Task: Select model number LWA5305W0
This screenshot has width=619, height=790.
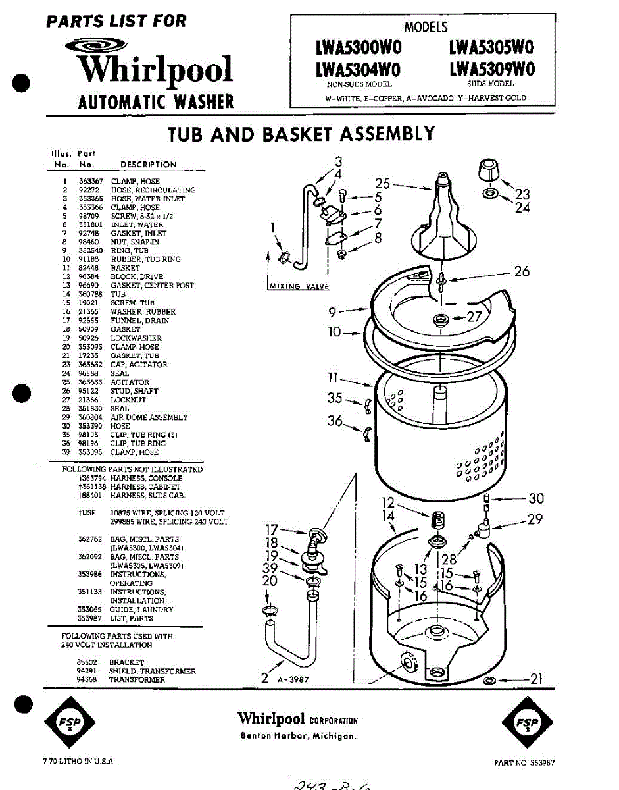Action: point(491,47)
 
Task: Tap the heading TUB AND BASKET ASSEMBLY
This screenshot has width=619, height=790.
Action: point(301,134)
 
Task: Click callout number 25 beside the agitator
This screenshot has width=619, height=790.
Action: point(383,184)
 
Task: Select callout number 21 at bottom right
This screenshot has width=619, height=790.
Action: point(536,679)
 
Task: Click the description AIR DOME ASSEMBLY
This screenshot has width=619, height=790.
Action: point(149,417)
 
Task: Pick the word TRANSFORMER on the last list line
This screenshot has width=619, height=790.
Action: point(137,679)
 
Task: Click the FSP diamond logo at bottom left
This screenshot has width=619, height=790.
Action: point(64,722)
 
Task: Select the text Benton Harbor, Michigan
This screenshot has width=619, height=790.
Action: point(298,736)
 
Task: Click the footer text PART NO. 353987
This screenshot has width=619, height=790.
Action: point(524,762)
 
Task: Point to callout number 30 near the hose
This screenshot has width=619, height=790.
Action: point(535,499)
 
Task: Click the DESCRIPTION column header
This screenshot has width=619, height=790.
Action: point(149,165)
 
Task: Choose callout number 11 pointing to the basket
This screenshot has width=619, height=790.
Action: point(334,378)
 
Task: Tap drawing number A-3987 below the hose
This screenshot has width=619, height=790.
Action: point(293,679)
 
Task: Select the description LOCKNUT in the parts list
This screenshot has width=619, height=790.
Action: point(128,400)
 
